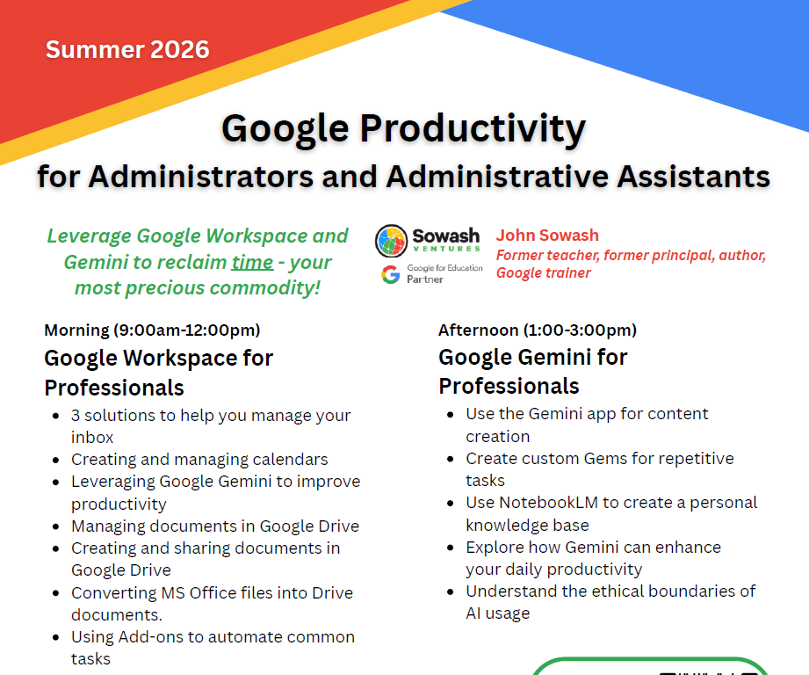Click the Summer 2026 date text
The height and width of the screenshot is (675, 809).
(127, 49)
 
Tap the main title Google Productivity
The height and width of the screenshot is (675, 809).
(403, 129)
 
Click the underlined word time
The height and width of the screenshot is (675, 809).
(252, 262)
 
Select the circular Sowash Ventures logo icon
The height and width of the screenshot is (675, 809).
(391, 241)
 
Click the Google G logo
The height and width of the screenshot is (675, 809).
(390, 274)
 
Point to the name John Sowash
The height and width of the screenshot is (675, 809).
(547, 236)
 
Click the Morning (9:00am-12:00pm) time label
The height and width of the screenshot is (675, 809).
(152, 330)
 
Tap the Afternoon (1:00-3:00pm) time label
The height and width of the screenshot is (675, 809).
(538, 330)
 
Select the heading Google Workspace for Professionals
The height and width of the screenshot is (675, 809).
(158, 373)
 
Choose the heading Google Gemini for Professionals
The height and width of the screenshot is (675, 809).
(532, 371)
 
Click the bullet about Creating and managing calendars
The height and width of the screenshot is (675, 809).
(199, 460)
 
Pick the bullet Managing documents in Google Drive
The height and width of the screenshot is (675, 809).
(215, 526)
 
